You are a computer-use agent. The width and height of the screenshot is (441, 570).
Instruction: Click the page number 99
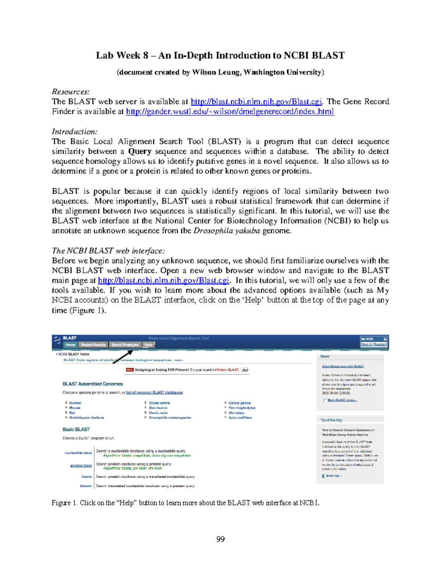[x=220, y=539]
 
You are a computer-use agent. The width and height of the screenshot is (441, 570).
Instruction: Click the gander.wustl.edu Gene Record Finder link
[x=230, y=112]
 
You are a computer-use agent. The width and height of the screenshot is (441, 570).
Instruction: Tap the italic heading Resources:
[x=71, y=92]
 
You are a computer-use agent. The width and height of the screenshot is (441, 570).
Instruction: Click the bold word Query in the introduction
[x=140, y=152]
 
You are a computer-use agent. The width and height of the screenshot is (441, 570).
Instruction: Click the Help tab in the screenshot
[x=148, y=345]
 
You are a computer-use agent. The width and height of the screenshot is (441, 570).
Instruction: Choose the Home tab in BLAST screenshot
[x=70, y=345]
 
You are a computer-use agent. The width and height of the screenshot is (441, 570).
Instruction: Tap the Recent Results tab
[x=93, y=345]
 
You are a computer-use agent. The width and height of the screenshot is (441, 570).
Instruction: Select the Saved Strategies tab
[x=125, y=345]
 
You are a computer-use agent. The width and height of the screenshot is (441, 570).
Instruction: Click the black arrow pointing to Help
[x=123, y=357]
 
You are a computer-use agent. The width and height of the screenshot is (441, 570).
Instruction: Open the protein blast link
[x=81, y=465]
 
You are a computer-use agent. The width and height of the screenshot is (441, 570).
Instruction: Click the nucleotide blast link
[x=78, y=453]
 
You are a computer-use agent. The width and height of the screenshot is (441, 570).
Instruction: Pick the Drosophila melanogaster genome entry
[x=170, y=418]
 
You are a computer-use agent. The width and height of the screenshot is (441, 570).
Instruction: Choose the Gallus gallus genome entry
[x=240, y=403]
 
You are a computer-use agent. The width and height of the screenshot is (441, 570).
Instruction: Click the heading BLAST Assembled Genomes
[x=93, y=384]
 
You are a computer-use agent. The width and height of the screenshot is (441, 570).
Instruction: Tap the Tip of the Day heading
[x=331, y=420]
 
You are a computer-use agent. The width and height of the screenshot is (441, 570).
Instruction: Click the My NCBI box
[x=374, y=342]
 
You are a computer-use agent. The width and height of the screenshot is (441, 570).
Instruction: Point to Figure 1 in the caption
[x=64, y=503]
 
